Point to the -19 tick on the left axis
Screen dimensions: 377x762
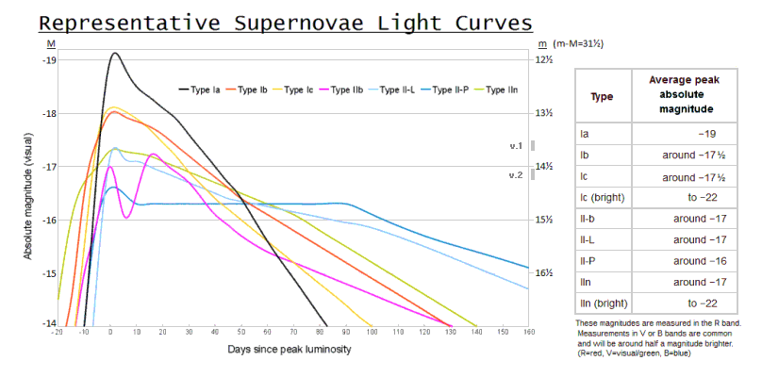click(x=48, y=60)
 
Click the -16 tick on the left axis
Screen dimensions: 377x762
click(x=48, y=221)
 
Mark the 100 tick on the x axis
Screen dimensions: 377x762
click(x=373, y=332)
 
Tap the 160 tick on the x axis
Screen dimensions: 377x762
click(x=528, y=332)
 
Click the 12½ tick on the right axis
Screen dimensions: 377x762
click(x=544, y=60)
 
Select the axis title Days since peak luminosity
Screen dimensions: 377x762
click(x=289, y=350)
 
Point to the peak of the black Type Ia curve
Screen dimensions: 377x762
click(x=115, y=53)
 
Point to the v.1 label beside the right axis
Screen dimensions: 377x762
click(x=515, y=146)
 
